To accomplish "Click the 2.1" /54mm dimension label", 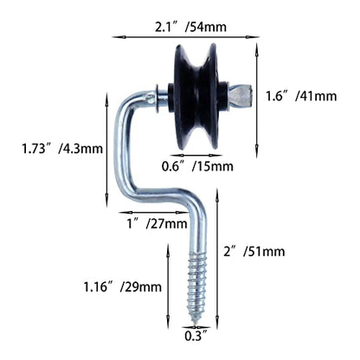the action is click(190, 27).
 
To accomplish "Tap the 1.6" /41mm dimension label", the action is click(301, 96).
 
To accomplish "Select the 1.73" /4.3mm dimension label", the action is click(62, 149).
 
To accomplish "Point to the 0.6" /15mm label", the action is click(197, 166).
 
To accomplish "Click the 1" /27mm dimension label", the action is click(157, 223).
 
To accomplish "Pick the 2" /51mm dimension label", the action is click(254, 252).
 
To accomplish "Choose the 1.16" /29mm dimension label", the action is click(123, 286).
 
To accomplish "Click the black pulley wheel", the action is click(196, 97).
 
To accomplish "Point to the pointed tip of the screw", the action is click(196, 324).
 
